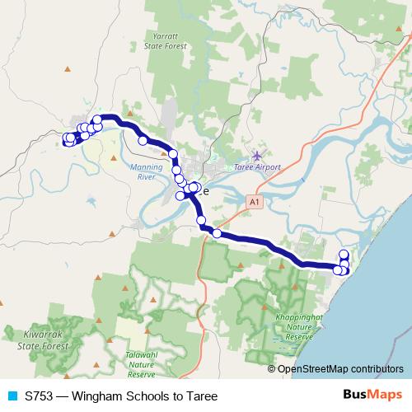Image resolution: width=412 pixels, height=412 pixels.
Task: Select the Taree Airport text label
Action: [258, 166]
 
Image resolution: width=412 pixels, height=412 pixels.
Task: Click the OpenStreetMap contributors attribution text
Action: [340, 369]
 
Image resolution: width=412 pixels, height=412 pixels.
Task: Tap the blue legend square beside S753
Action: [11, 396]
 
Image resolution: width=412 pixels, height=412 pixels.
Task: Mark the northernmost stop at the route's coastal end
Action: [344, 254]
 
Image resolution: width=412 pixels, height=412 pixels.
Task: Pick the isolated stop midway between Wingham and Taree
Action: [143, 141]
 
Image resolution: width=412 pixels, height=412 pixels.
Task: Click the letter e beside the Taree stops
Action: [205, 191]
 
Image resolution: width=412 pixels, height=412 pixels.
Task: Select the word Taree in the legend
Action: [202, 396]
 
